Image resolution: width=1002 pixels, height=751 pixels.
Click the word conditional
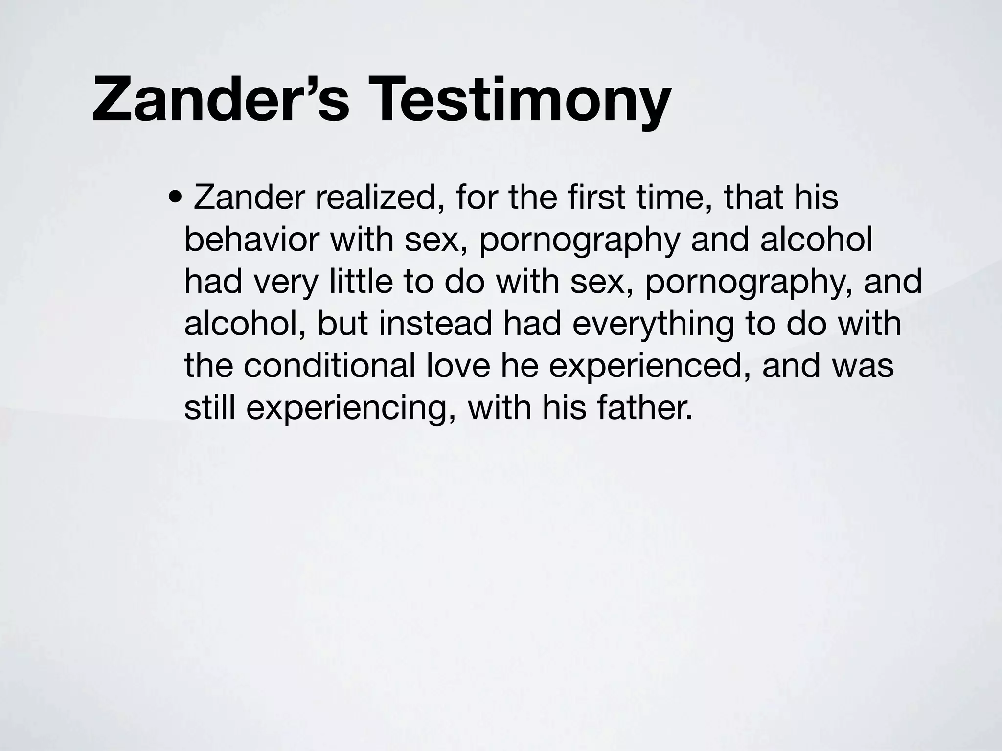click(329, 365)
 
